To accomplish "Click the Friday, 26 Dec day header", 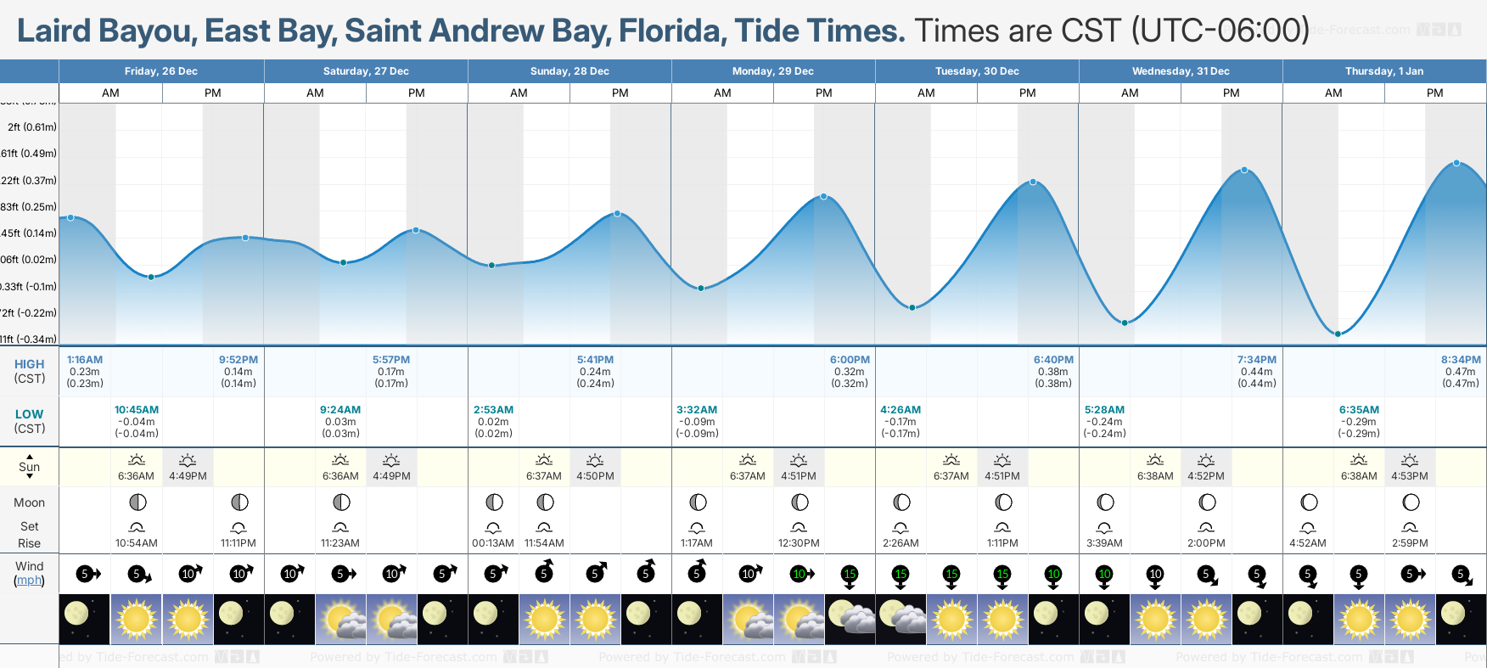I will [x=161, y=71].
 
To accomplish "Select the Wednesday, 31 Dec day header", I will [x=1181, y=71].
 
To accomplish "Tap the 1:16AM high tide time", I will [x=85, y=360].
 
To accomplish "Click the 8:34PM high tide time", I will [x=1461, y=360].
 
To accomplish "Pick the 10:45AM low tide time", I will [x=137, y=410].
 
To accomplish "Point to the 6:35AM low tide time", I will [x=1359, y=410].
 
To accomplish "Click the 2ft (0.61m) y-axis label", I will [x=32, y=127].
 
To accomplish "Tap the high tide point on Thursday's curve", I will [x=1456, y=163].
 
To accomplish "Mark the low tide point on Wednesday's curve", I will [x=1125, y=323].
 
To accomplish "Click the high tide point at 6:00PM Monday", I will [x=823, y=197].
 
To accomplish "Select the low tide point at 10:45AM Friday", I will [x=151, y=277].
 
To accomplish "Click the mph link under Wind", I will [x=29, y=581].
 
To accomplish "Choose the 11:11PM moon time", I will [x=238, y=543].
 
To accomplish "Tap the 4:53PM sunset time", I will [x=1410, y=476].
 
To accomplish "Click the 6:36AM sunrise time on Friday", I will [x=136, y=476].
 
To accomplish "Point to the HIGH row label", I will [x=29, y=364].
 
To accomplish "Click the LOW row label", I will [x=29, y=414].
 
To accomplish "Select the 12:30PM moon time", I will [x=799, y=543].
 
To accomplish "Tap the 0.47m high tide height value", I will [x=1461, y=372].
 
